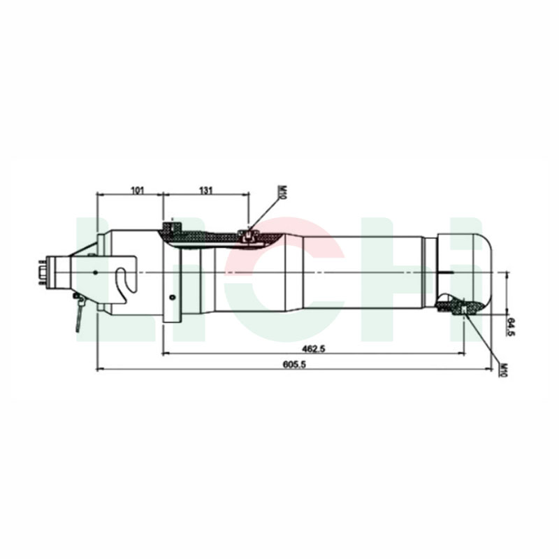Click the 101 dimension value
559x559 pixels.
click(x=137, y=189)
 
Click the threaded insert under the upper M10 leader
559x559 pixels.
click(x=247, y=235)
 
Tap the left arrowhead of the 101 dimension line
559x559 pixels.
click(x=99, y=196)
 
